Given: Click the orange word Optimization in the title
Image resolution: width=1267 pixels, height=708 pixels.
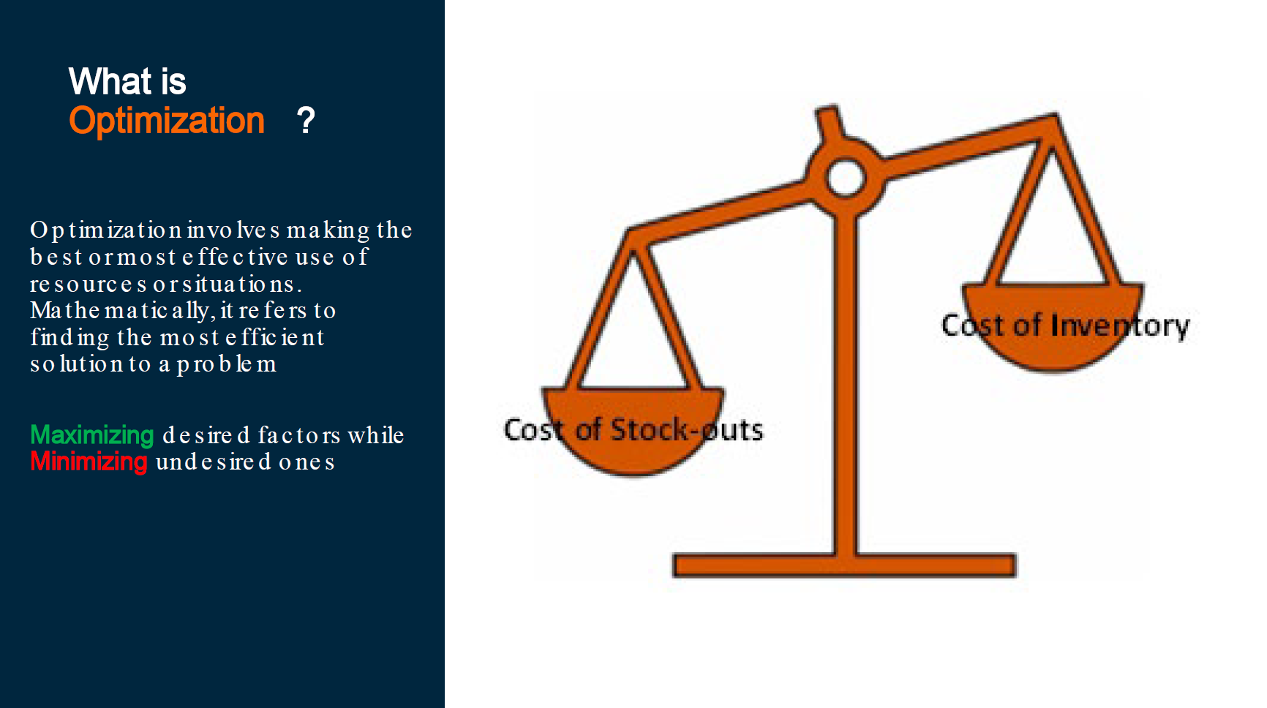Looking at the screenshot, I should point(166,121).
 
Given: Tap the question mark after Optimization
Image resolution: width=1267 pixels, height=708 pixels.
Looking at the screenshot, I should point(306,121).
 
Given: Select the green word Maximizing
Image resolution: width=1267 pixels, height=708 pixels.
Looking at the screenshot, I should point(91,435).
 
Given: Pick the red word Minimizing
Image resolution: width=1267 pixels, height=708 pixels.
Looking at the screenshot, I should point(89,462).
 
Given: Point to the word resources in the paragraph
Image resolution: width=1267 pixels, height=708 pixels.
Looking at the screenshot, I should point(89,284).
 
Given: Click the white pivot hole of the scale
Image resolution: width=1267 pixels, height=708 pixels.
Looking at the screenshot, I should point(845,178).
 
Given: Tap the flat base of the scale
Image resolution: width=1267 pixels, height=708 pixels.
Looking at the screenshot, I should point(844,565).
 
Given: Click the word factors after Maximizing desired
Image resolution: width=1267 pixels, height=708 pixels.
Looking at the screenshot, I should point(298,435).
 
